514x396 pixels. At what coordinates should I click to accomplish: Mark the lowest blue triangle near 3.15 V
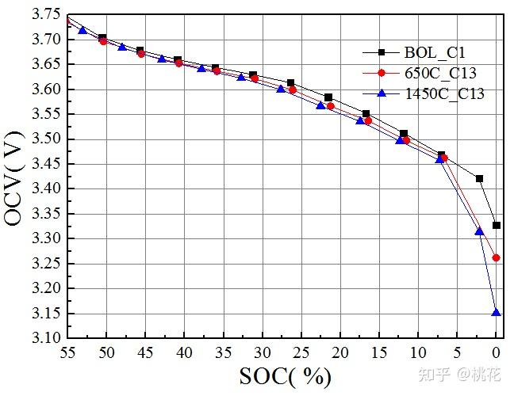click(496, 312)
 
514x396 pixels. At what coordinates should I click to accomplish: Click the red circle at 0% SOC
click(496, 257)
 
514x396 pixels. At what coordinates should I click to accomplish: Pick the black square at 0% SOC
click(496, 225)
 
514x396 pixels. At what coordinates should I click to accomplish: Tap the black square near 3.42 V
click(479, 178)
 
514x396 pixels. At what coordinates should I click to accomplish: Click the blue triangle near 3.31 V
click(479, 231)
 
